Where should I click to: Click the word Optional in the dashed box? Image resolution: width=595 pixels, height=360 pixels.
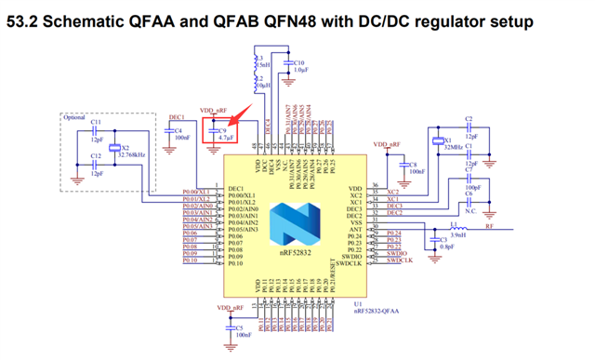point(75,118)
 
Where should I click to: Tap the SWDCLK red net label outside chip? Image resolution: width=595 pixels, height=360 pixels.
point(399,261)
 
